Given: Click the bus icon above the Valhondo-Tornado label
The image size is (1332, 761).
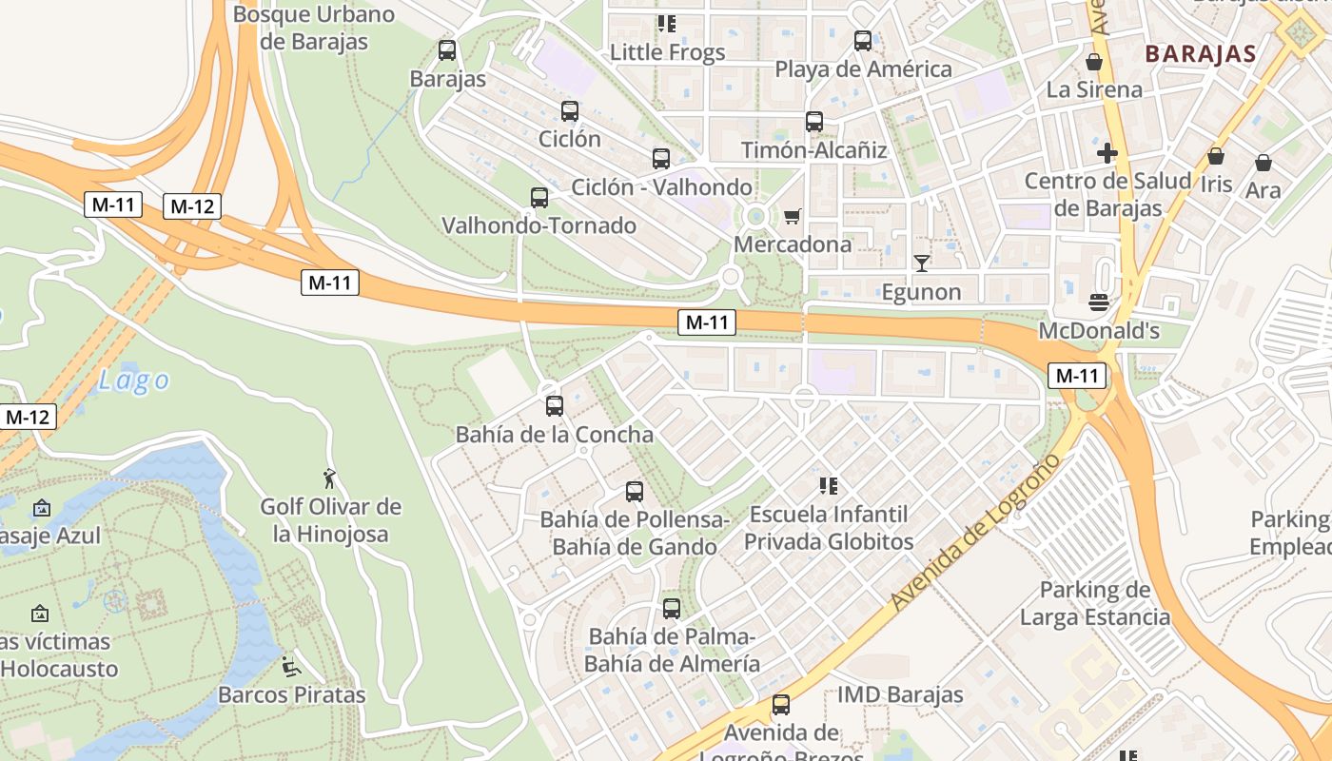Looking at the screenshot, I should point(539,198).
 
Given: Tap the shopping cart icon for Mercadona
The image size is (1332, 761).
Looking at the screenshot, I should point(792,217).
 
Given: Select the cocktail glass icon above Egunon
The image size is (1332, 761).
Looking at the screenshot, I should point(921,263).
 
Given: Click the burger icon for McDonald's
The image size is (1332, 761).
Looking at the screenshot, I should point(1099,302).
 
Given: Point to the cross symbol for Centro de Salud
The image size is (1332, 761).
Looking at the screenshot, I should point(1107,152).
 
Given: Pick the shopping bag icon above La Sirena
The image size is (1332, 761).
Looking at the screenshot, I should point(1094,62).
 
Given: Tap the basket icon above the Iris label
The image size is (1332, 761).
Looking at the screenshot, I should point(1216,156).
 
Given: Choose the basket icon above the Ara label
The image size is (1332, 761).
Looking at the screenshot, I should point(1263,163).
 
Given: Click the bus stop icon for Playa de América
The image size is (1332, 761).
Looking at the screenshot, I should point(863,41).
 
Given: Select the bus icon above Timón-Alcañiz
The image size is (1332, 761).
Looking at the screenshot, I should point(814,122).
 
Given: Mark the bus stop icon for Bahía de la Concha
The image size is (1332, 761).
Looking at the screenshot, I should point(555,406).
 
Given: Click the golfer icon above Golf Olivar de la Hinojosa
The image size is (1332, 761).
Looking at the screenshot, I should point(330,478).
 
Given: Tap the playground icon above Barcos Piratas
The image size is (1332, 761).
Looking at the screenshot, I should point(291,667).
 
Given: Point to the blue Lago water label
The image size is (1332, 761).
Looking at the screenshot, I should point(134,381).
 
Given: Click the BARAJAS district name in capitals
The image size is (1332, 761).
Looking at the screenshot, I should point(1201,53).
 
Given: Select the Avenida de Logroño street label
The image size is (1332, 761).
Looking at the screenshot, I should point(977,532).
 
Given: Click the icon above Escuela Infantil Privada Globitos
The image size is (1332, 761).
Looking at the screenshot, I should point(828,487).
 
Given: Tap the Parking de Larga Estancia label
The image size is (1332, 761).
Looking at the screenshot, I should point(1095,603).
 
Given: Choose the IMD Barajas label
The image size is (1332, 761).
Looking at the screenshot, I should point(900,694).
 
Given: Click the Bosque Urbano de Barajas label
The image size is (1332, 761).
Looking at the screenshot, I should point(314,28).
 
